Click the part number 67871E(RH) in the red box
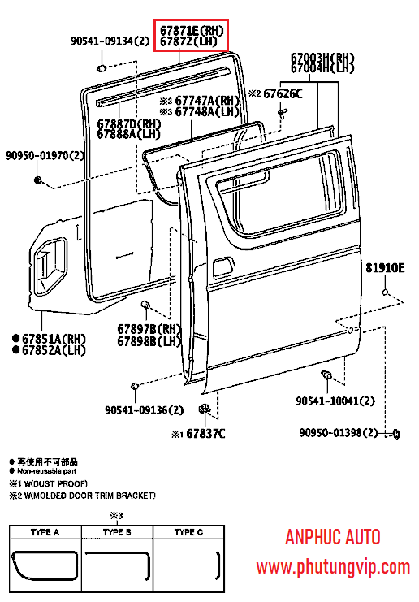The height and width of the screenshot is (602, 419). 192,30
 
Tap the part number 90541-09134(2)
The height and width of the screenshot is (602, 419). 110,41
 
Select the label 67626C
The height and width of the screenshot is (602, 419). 283,93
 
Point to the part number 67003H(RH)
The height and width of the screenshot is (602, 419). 322,58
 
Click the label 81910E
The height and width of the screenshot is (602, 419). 385,267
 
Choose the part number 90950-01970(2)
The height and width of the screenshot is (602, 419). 45,155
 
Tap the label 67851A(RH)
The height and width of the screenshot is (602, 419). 54,339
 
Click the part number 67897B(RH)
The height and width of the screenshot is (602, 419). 149,329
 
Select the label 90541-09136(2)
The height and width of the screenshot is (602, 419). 145,410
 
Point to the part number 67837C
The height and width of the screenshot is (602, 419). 205,434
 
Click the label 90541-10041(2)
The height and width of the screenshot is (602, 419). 335,401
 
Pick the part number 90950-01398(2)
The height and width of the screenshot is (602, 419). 339,433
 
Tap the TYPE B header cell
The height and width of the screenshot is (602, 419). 117,532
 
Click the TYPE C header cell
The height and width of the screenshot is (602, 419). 188,532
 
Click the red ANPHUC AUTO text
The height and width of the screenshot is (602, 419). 333,537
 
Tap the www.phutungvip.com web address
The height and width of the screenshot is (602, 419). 333,567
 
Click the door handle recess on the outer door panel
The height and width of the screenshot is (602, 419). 222,266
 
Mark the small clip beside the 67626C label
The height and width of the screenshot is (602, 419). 283,113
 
